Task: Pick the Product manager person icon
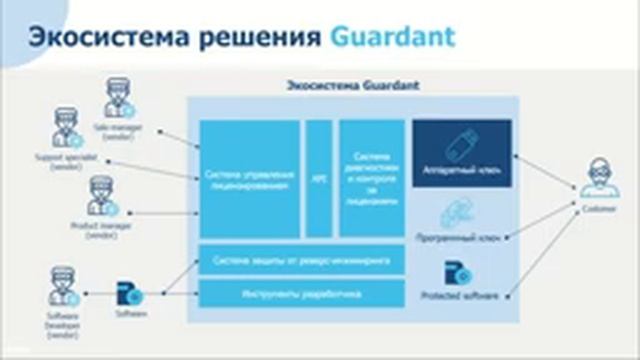tap(102, 196)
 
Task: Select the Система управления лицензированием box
tap(249, 178)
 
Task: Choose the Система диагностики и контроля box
tap(371, 178)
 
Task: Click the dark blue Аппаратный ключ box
tap(462, 153)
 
